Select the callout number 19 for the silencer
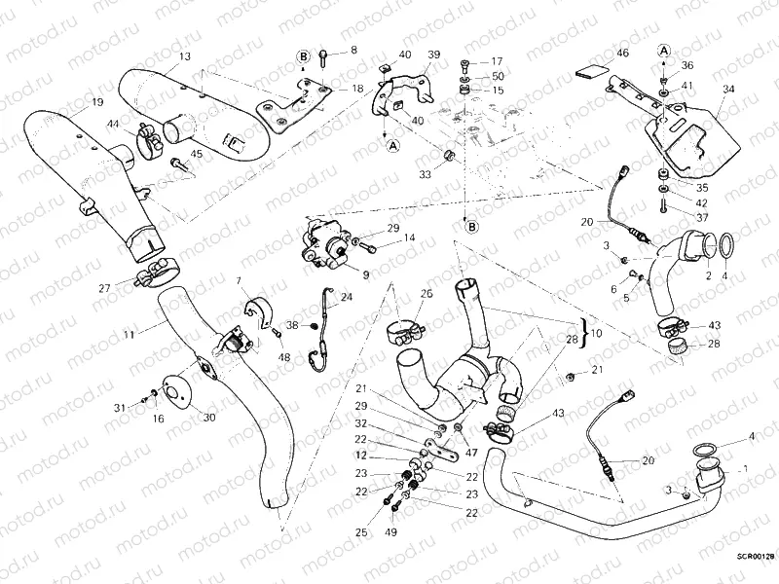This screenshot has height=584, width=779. tap(97, 102)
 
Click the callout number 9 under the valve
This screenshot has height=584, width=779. tap(366, 275)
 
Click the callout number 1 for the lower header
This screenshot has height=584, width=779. tap(746, 468)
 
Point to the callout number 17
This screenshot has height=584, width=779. tap(497, 60)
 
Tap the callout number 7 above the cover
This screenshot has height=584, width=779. tap(237, 281)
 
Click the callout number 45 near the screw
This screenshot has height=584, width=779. tap(197, 153)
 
